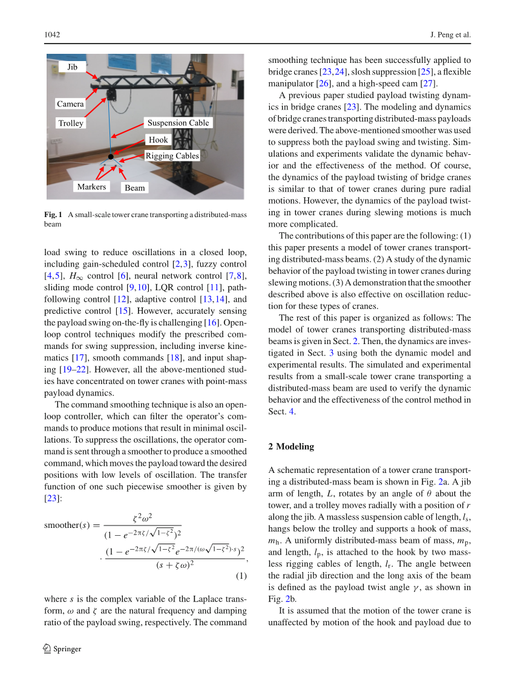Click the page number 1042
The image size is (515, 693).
[x=52, y=35]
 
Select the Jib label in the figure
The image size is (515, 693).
[x=72, y=67]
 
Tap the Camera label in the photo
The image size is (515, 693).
[x=70, y=104]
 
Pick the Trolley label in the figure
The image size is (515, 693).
[x=71, y=123]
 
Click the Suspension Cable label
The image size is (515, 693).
[x=178, y=123]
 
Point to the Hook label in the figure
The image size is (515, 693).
[x=159, y=140]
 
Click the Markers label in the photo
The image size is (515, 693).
[x=91, y=187]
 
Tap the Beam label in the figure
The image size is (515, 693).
[x=134, y=188]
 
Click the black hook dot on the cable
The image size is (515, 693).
[x=111, y=157]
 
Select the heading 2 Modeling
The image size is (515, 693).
[x=291, y=446]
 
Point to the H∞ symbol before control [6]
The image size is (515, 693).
[x=76, y=276]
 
